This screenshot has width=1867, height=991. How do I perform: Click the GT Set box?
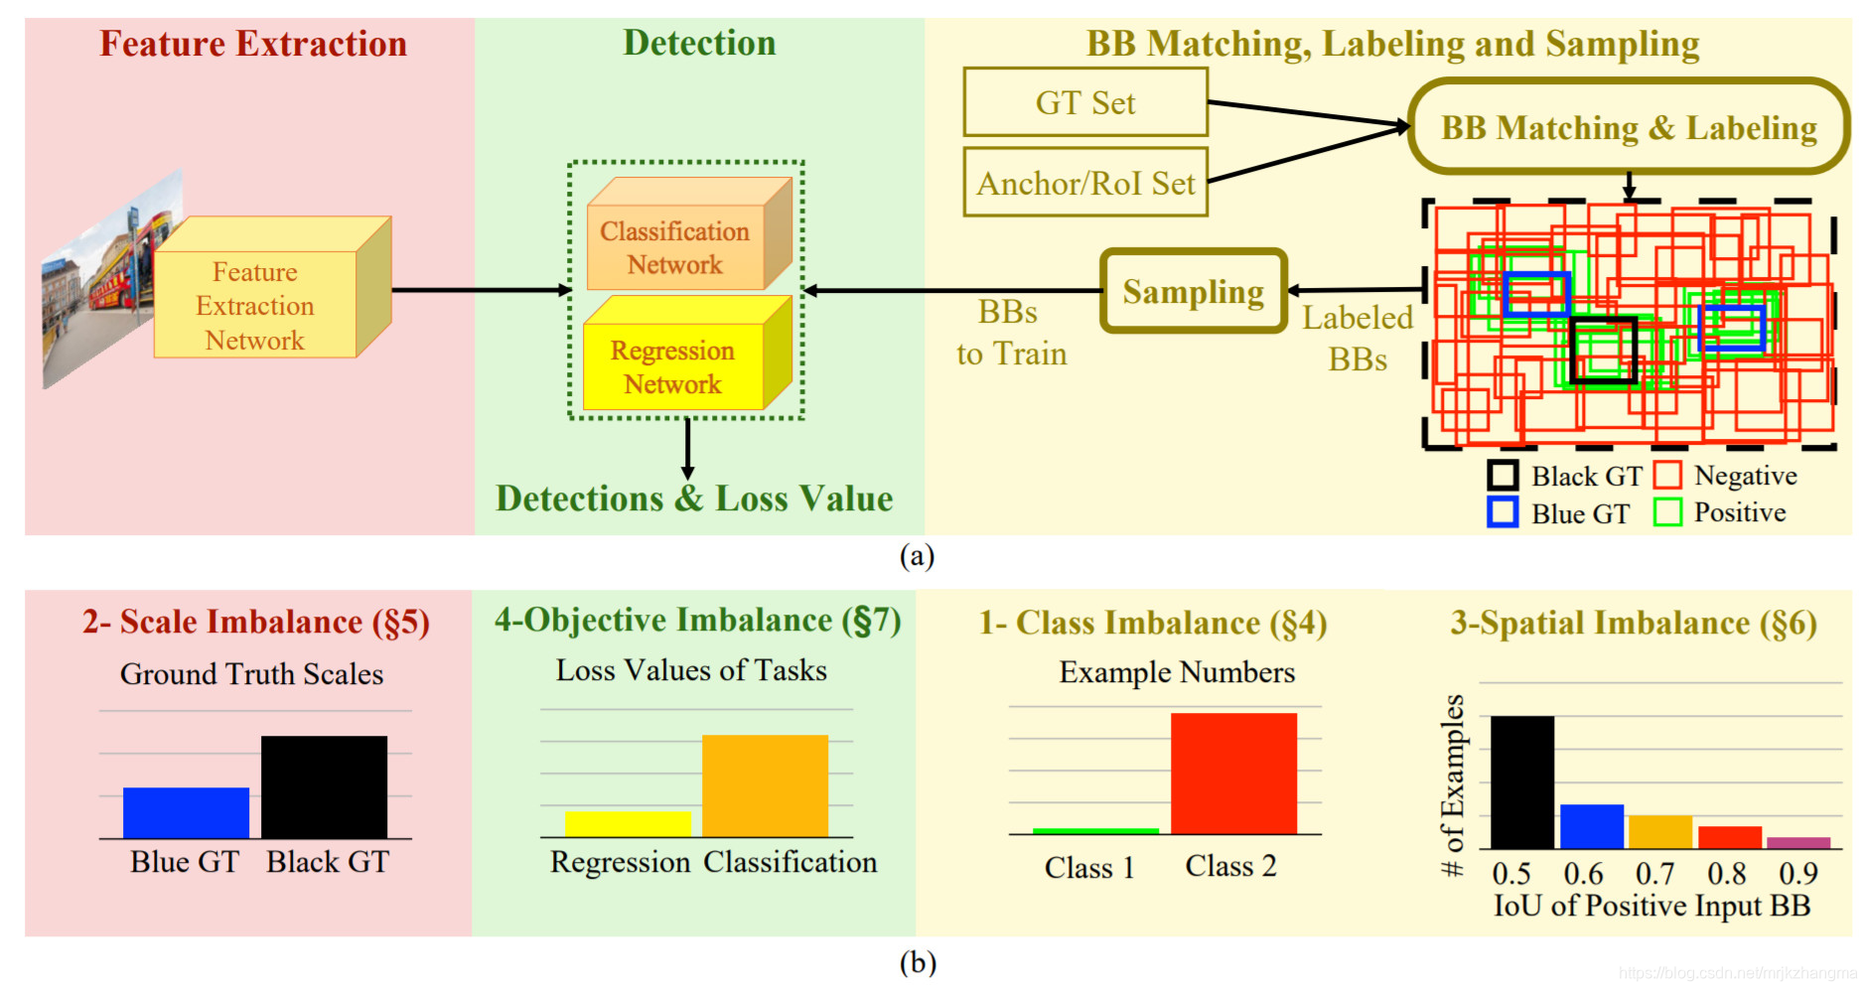(1084, 102)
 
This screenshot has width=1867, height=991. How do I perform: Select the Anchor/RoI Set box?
(1084, 183)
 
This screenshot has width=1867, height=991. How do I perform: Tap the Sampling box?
(1193, 291)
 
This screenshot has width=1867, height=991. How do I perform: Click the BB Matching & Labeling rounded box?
(1628, 127)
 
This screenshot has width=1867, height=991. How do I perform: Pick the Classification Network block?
(675, 247)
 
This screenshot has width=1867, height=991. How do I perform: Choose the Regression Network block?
(673, 366)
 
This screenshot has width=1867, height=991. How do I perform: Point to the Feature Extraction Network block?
(255, 305)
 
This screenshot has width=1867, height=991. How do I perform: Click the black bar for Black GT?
(324, 786)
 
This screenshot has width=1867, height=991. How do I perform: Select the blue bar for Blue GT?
(186, 812)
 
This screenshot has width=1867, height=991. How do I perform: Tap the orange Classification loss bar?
(765, 785)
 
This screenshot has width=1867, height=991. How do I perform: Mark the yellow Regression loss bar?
(628, 824)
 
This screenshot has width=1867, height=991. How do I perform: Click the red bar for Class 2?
(1233, 773)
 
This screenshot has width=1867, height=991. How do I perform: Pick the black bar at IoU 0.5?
(1521, 781)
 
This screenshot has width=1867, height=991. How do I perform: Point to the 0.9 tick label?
(1797, 874)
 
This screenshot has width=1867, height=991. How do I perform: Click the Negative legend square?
(1666, 476)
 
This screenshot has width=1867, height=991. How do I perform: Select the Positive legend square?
(1666, 512)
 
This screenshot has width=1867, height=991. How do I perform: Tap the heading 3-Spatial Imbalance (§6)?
(1633, 624)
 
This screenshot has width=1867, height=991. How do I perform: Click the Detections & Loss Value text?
(694, 498)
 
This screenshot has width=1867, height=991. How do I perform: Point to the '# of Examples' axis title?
(1453, 784)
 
